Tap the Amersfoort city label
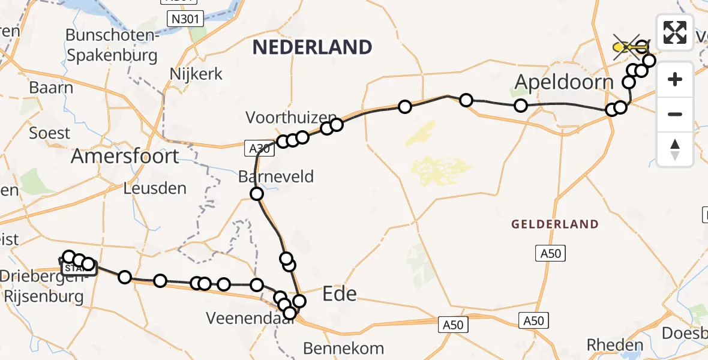click(125, 157)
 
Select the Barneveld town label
click(275, 177)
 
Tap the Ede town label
click(340, 294)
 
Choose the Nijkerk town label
click(196, 74)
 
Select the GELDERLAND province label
click(554, 224)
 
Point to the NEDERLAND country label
click(312, 47)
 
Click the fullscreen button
click(675, 32)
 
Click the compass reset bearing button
click(675, 149)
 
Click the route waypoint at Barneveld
click(257, 194)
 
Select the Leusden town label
click(155, 188)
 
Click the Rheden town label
click(614, 345)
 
